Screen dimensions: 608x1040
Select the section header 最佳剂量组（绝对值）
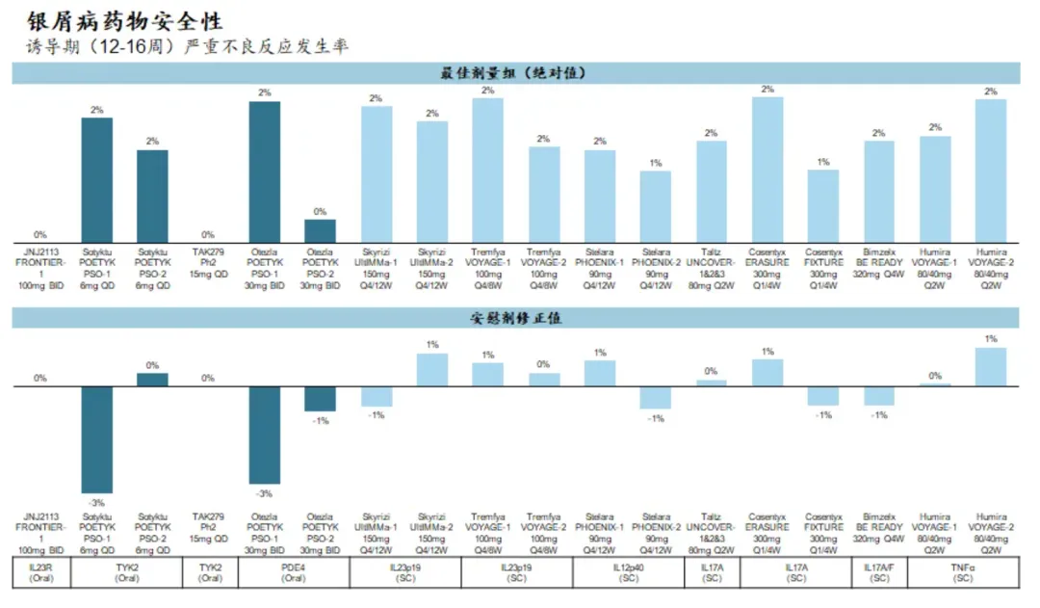515,73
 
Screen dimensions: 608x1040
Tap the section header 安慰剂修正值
515,317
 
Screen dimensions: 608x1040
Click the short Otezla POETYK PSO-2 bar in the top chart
321,230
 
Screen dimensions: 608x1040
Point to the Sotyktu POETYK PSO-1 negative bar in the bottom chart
97,440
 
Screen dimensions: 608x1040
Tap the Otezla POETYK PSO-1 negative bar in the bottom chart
265,436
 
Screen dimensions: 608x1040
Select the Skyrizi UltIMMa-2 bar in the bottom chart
432,370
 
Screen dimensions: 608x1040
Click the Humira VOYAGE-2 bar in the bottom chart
990,367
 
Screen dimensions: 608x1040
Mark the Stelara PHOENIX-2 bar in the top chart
656,206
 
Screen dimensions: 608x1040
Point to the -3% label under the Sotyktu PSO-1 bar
97,503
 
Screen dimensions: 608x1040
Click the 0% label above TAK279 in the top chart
208,234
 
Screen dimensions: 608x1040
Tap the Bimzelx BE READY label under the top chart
879,262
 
